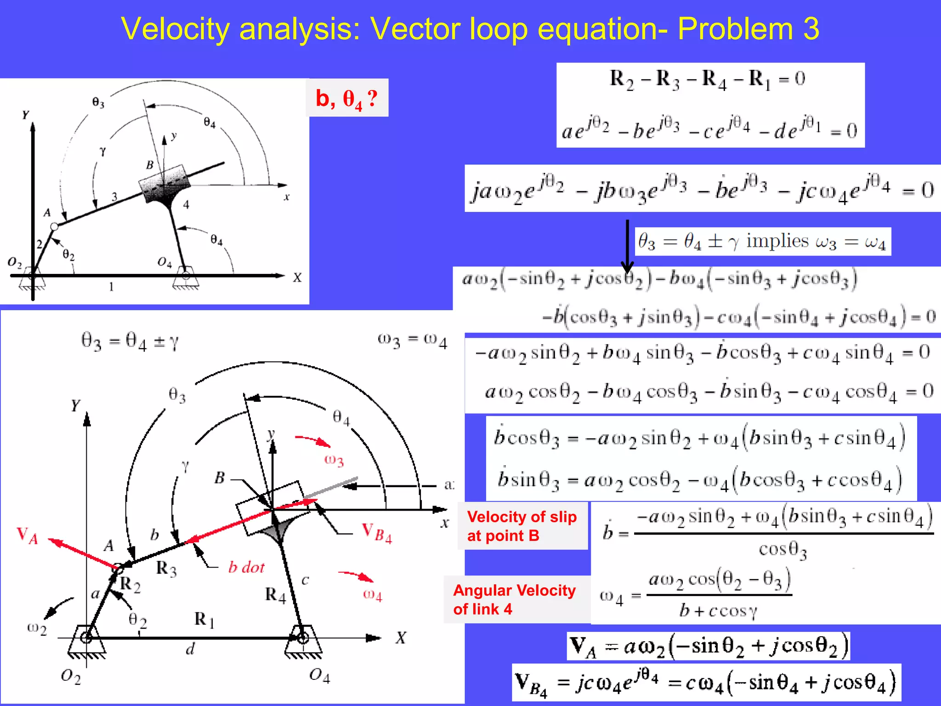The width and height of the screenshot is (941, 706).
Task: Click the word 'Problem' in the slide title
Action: tap(735, 28)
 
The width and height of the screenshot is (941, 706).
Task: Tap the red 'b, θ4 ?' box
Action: tap(347, 98)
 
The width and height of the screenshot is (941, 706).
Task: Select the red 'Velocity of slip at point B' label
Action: tap(522, 526)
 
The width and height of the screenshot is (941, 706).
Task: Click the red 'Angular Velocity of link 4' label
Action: tap(514, 599)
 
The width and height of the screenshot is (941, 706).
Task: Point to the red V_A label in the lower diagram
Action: tap(27, 535)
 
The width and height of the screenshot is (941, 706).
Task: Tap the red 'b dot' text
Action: tap(246, 567)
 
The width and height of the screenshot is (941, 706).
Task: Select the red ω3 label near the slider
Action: tap(334, 460)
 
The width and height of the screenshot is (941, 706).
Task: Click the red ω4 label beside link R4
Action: tap(372, 595)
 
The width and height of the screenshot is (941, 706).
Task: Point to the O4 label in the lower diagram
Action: tap(319, 676)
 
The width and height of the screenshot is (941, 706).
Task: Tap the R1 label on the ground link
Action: tap(204, 620)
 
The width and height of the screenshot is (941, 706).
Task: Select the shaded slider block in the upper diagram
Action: tap(164, 184)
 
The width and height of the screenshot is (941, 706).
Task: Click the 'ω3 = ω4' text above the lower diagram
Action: tap(412, 341)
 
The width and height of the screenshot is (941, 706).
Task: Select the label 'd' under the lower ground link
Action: tap(190, 649)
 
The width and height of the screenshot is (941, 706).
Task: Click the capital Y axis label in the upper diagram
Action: tap(26, 115)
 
